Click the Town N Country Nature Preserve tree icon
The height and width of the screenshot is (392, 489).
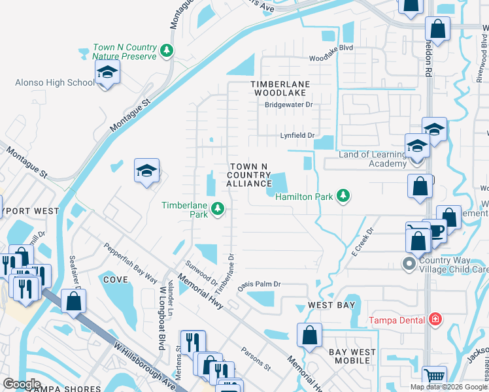click(167, 50)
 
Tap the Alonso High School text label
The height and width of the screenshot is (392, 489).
click(55, 82)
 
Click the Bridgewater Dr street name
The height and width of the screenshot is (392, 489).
click(289, 105)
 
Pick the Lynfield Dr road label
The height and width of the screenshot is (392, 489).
click(297, 136)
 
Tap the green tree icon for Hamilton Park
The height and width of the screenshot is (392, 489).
click(343, 196)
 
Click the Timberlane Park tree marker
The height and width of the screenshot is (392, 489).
click(218, 209)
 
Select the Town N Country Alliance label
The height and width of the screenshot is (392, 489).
click(248, 176)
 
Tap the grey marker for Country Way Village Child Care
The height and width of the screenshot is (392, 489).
click(409, 264)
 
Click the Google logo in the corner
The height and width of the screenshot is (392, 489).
click(21, 384)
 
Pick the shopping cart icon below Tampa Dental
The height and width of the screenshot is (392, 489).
click(434, 377)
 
